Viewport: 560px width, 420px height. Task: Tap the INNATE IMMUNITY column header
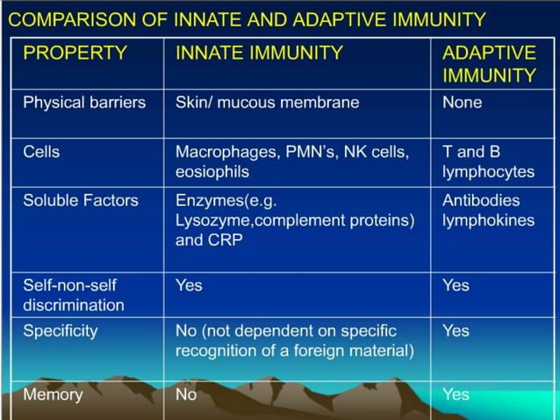[x=259, y=53]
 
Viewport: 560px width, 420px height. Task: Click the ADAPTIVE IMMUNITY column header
[x=489, y=63]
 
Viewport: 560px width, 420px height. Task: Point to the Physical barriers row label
[x=84, y=102]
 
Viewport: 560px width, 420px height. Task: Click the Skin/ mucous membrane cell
[x=267, y=102]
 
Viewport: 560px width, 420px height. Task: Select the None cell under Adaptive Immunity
[x=462, y=102]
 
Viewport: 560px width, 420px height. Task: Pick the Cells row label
[x=41, y=151]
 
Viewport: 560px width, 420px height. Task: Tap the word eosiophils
[x=212, y=171]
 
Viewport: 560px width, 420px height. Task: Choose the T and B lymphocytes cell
[x=488, y=162]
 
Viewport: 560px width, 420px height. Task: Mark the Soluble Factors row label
[x=81, y=200]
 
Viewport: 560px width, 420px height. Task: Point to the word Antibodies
[x=481, y=200]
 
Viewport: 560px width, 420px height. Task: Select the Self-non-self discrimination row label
[x=74, y=295]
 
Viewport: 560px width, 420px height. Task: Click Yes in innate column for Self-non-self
[x=189, y=285]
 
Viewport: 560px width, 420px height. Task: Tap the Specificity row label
[x=61, y=330]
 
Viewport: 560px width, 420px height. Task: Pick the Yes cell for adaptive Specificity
[x=456, y=330]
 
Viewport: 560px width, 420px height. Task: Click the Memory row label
[x=53, y=394]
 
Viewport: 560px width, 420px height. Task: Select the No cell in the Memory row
[x=186, y=394]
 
